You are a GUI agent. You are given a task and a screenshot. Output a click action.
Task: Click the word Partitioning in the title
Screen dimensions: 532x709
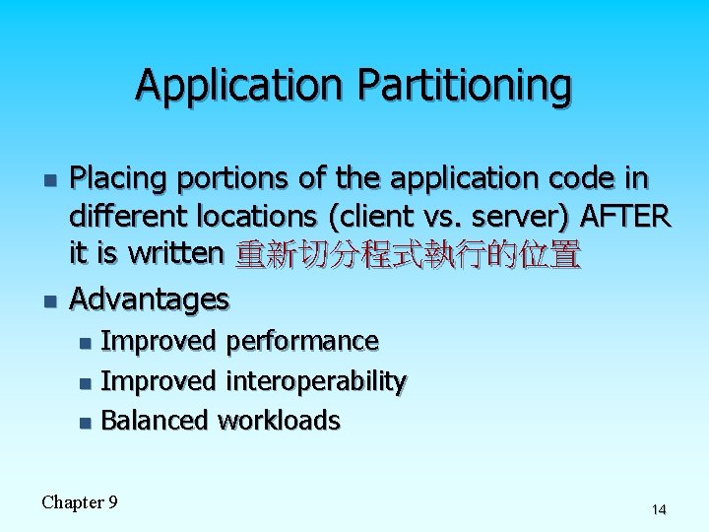pyautogui.click(x=464, y=85)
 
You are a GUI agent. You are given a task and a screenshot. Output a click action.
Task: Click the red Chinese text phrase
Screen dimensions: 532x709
pyautogui.click(x=409, y=254)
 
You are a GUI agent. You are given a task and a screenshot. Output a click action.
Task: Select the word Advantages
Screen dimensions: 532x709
pyautogui.click(x=149, y=298)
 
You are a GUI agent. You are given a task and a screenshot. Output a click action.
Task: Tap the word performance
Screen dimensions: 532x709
pyautogui.click(x=302, y=341)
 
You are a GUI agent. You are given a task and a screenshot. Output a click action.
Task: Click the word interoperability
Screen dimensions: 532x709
pyautogui.click(x=316, y=380)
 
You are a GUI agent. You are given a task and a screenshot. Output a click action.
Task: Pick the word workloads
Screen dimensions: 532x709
pyautogui.click(x=279, y=421)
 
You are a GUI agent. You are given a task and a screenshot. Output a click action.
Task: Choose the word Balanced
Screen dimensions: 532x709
pyautogui.click(x=155, y=421)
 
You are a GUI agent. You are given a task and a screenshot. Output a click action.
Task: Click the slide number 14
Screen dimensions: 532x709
pyautogui.click(x=659, y=509)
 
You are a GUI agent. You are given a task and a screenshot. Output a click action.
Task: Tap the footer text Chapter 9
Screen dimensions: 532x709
pyautogui.click(x=80, y=502)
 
